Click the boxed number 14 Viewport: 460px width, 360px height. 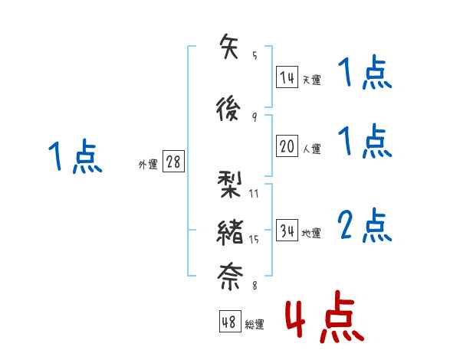click(x=287, y=77)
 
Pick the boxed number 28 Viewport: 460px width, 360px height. click(x=173, y=162)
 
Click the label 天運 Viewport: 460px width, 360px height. click(x=311, y=80)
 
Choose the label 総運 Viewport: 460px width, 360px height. click(x=255, y=325)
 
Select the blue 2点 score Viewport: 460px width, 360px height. click(x=364, y=227)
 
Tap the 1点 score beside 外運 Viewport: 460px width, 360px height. click(x=74, y=157)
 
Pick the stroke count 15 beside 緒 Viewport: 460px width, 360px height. click(x=254, y=240)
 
